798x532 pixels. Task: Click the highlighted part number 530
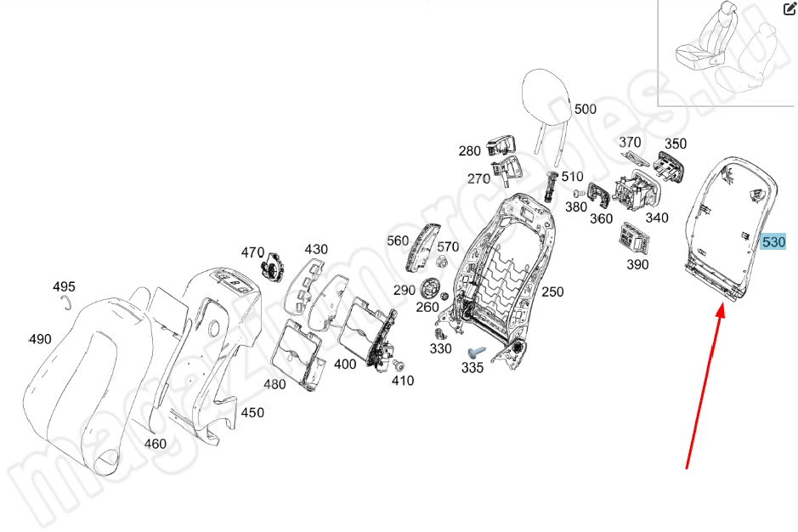(773, 242)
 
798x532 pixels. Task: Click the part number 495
(65, 286)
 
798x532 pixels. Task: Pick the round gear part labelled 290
(431, 288)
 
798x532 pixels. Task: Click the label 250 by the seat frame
(552, 291)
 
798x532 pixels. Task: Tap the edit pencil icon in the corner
(787, 9)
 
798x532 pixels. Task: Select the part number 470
(252, 252)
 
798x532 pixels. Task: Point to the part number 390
(637, 264)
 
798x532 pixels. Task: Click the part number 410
(403, 381)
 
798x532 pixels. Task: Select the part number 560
(398, 241)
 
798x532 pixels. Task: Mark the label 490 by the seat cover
(40, 339)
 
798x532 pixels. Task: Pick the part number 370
(630, 142)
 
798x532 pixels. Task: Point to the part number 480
(274, 384)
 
